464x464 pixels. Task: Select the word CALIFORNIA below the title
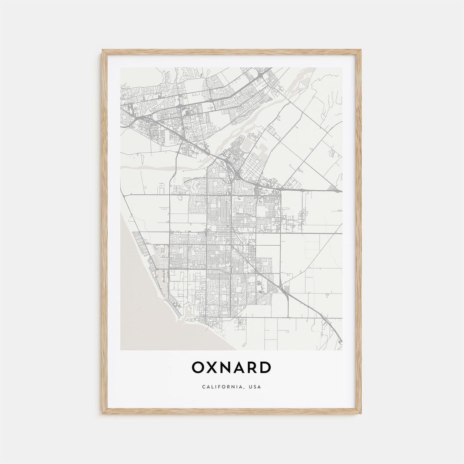(x=221, y=387)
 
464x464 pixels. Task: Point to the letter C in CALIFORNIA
(x=204, y=387)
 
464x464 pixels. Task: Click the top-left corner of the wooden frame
(x=103, y=50)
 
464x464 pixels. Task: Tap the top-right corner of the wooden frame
(x=360, y=50)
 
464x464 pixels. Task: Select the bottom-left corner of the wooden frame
(x=103, y=413)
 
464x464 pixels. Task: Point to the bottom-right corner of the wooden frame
(x=360, y=413)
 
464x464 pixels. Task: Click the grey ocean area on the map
(x=142, y=318)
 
